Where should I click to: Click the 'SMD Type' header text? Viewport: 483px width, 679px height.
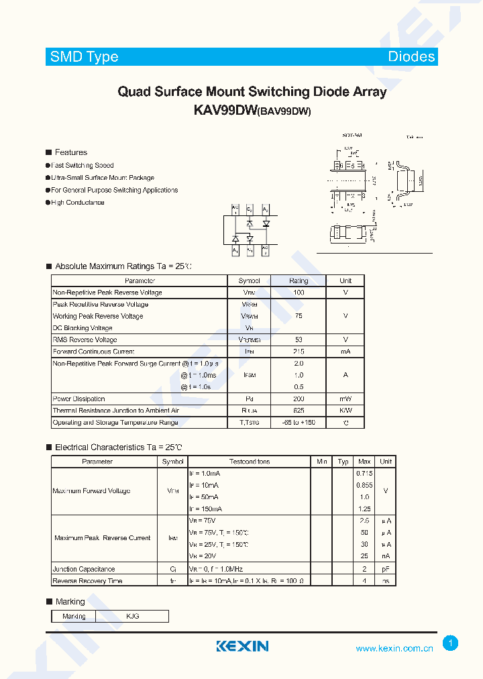point(85,57)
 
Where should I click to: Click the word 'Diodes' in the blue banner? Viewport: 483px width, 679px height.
point(411,57)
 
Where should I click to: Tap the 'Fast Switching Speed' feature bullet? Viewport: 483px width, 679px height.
point(83,165)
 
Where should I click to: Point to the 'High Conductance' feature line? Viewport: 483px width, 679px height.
point(78,202)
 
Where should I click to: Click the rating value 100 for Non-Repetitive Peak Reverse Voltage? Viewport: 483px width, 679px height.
point(299,293)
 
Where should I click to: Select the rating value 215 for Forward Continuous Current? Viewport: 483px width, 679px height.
point(299,352)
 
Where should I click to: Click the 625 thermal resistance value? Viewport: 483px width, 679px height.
point(299,411)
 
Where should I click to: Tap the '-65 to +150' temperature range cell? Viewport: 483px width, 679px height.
point(299,423)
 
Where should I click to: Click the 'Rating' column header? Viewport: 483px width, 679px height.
point(299,281)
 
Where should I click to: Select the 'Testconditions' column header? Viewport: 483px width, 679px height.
point(250,462)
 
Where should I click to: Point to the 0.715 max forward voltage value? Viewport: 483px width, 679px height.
point(364,474)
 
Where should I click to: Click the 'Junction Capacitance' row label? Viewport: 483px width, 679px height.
point(84,569)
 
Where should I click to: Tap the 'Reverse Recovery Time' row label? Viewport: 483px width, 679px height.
point(87,581)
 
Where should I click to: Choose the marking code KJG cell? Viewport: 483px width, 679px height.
point(132,616)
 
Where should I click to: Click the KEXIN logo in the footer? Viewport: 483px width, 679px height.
point(242,646)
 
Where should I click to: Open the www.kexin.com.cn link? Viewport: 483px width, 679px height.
point(394,648)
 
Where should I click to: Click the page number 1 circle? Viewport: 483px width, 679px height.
point(451,643)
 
